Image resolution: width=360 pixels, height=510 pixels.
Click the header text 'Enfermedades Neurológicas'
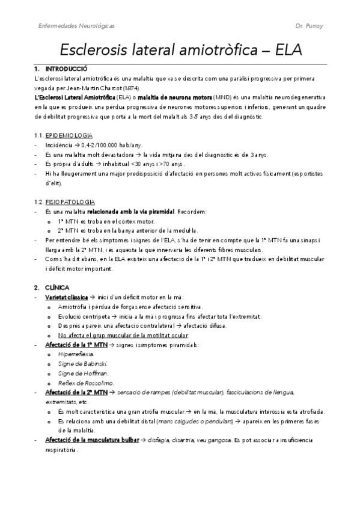coord(76,26)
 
